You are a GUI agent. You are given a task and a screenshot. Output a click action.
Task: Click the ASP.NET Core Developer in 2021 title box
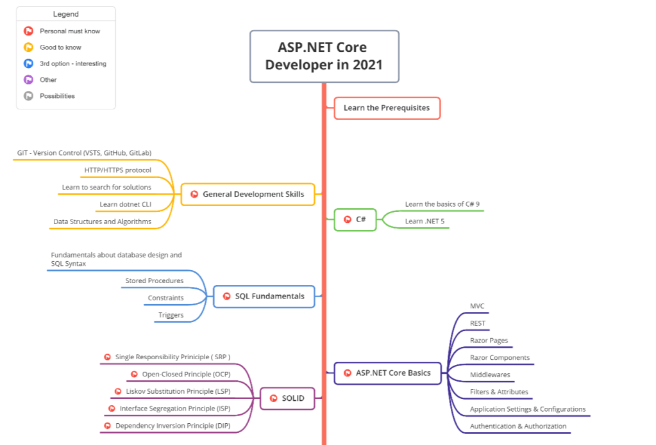[x=324, y=56]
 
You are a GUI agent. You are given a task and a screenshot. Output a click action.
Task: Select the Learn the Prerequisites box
[x=387, y=108]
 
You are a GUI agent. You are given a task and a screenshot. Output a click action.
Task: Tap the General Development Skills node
[x=248, y=194]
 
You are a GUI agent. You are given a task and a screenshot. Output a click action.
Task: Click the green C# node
[x=355, y=220]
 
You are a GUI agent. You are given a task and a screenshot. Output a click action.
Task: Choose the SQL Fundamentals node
[x=264, y=296]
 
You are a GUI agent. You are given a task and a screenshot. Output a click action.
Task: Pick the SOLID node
[x=287, y=398]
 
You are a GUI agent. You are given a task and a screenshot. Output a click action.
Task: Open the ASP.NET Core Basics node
[x=387, y=373]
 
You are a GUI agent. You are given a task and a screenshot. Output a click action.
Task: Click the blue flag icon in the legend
[x=28, y=63]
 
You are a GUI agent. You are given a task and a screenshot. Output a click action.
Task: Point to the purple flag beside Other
[x=28, y=80]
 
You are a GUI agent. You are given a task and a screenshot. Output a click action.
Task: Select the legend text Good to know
[x=60, y=47]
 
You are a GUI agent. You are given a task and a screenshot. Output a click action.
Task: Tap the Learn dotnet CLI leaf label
[x=126, y=205]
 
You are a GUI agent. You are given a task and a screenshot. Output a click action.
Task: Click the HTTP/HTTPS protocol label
[x=118, y=170]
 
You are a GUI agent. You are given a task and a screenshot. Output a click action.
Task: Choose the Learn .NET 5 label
[x=424, y=222]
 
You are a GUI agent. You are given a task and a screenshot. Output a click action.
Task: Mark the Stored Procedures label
[x=154, y=281]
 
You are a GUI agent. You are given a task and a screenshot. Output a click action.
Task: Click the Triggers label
[x=171, y=315]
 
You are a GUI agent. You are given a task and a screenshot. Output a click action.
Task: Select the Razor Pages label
[x=489, y=341]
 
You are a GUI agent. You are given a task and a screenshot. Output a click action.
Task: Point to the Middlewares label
[x=490, y=375]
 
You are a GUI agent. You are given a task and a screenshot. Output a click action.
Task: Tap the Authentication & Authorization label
[x=518, y=426]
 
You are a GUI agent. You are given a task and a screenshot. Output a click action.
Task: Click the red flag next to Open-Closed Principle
[x=134, y=375]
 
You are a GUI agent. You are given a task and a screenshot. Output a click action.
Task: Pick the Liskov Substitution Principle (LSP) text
[x=178, y=391]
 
